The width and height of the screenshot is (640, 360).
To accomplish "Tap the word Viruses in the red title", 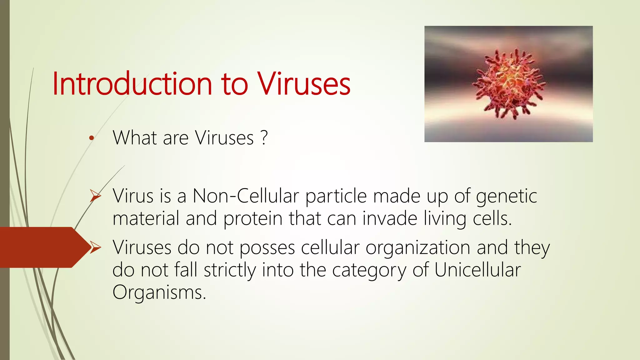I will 303,84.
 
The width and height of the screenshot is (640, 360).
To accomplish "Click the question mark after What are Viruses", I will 264,137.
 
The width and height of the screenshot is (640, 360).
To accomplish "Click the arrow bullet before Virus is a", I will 95,196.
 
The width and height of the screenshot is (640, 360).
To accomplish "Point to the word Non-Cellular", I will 246,196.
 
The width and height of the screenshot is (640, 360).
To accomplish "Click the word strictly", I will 230,270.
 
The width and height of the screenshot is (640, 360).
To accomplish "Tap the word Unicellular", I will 477,270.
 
